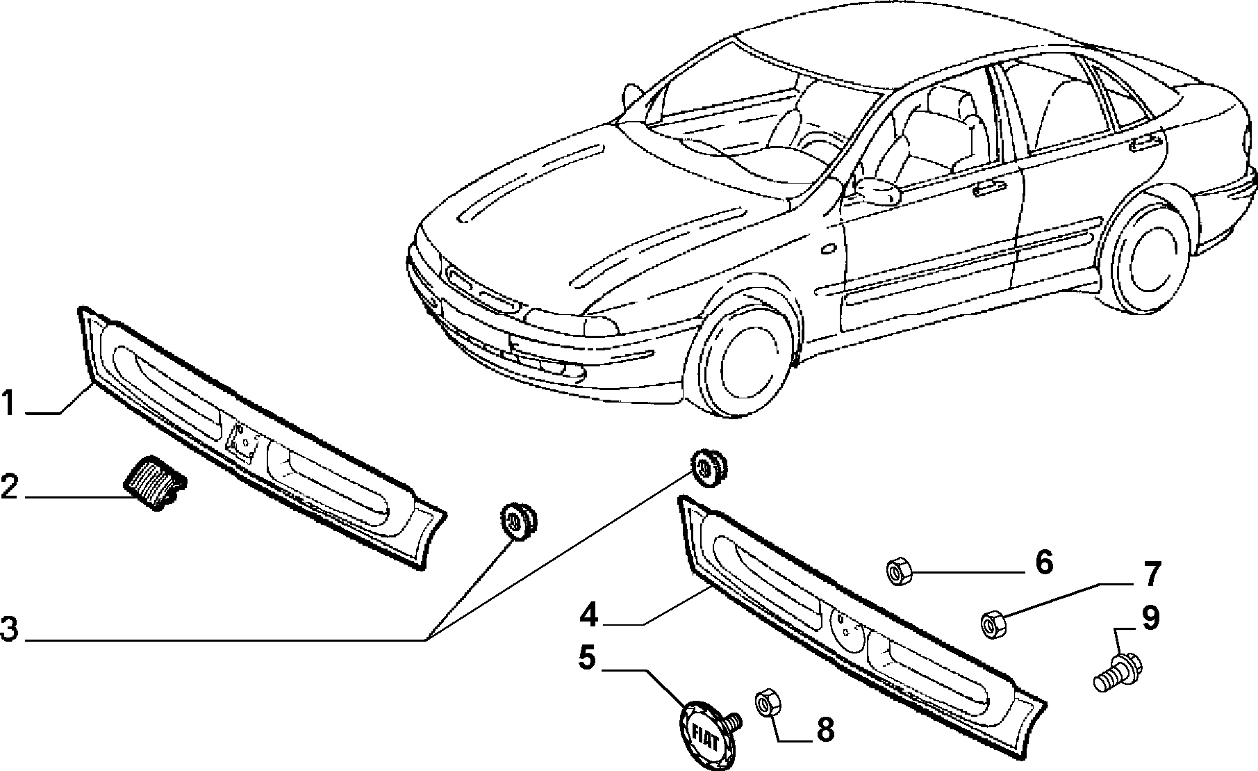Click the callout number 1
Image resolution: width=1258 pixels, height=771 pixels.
click(8, 404)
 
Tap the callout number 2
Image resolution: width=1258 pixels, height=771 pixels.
click(9, 487)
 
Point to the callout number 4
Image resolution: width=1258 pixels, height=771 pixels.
click(588, 615)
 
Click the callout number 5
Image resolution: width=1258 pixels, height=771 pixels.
click(588, 658)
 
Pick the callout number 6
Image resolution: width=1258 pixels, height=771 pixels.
click(1045, 562)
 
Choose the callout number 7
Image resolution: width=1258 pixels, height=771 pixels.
click(1152, 574)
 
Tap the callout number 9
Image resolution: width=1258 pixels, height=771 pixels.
click(1151, 618)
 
